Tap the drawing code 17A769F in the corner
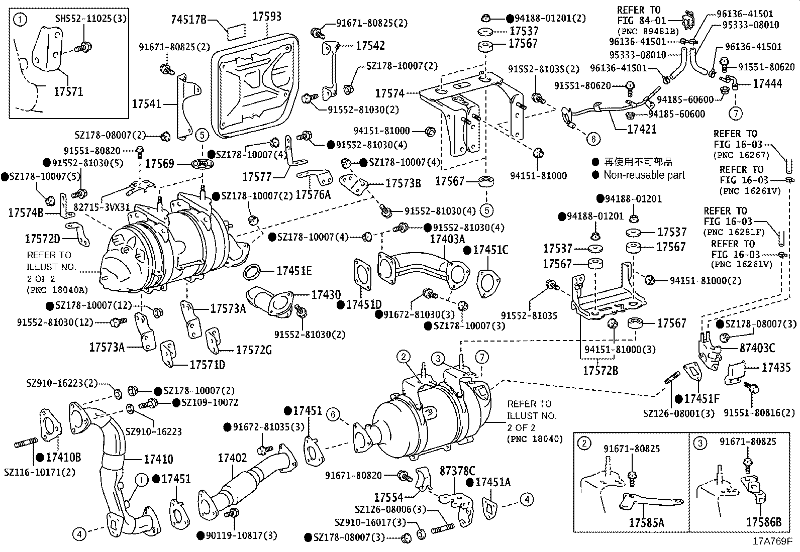[772, 542]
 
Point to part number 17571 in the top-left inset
[68, 91]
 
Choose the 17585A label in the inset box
[646, 522]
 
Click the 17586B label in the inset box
[763, 522]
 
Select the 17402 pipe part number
[232, 458]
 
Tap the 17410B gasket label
[63, 457]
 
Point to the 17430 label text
[326, 295]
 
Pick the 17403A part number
[447, 239]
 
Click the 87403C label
[757, 348]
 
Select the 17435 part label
[776, 368]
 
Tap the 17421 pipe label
[642, 129]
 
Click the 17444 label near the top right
[767, 84]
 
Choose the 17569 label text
[159, 164]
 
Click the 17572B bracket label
[601, 371]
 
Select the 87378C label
[457, 471]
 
